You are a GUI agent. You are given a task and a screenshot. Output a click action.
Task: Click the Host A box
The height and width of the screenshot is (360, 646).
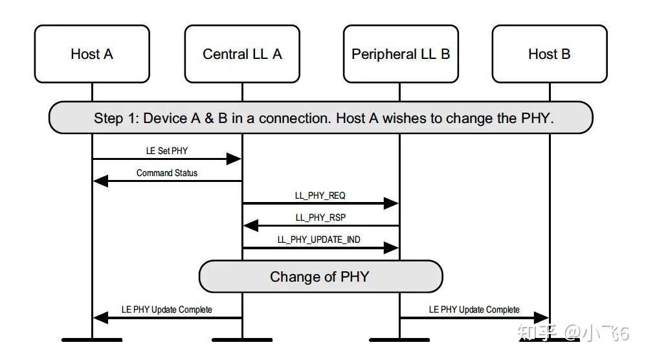click(91, 54)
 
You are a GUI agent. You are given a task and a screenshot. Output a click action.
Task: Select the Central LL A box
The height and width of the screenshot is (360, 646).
click(242, 54)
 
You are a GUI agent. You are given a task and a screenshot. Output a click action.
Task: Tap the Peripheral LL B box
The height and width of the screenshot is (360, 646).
click(400, 54)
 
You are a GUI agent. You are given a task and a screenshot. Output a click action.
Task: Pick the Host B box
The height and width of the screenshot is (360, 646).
click(549, 54)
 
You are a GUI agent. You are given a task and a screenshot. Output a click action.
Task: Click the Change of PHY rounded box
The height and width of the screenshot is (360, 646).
click(320, 277)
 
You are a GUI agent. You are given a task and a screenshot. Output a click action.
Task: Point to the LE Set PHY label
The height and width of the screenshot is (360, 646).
click(167, 150)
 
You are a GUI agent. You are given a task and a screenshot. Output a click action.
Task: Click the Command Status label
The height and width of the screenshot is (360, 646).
click(167, 173)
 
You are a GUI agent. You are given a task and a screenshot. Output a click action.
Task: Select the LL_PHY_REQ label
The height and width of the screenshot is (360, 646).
click(320, 195)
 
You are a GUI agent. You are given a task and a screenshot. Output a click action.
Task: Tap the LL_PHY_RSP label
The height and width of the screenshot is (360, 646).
click(320, 218)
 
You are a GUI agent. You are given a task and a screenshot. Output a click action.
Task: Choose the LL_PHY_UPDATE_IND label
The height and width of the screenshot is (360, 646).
click(319, 240)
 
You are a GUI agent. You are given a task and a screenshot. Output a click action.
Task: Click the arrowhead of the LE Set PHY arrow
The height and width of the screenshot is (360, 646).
click(234, 159)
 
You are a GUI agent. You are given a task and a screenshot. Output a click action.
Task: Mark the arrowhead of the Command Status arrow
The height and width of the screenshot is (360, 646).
click(101, 181)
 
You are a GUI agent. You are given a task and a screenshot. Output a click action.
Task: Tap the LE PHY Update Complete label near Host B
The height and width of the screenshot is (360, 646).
click(474, 309)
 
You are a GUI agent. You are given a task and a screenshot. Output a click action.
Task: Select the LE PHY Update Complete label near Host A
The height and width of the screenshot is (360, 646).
click(167, 309)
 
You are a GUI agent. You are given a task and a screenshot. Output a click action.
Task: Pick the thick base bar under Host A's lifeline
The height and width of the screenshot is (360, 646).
click(91, 339)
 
